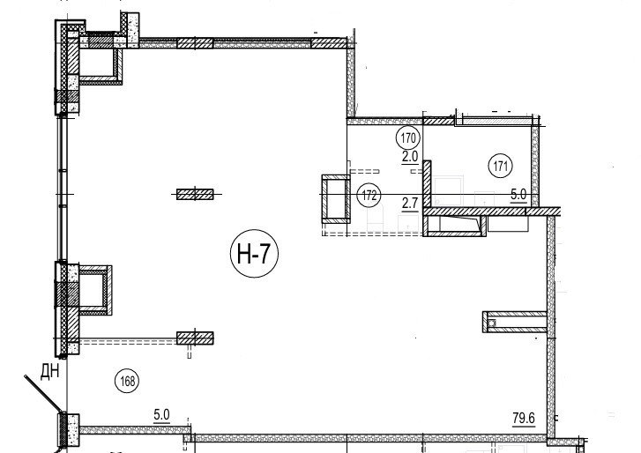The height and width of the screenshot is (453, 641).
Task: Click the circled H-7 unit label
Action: coord(254,253)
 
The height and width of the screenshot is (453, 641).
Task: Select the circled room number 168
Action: coord(127,381)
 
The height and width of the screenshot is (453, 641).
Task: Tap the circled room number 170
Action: coord(408,138)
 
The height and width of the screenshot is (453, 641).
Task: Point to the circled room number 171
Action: coord(501,167)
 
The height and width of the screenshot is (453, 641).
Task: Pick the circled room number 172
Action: coord(369,196)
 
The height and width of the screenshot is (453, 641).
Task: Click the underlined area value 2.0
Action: coord(410,158)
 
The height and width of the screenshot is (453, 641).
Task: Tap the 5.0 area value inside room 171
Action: coord(518,196)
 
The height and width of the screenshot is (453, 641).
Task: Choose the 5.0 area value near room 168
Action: coord(161,416)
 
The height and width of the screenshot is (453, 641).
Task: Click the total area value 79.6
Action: coord(524,419)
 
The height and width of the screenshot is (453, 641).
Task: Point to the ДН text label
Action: coord(50,372)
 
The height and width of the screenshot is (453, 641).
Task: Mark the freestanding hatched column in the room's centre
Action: coord(195,194)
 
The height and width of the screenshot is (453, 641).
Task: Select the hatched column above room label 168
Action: coord(195,338)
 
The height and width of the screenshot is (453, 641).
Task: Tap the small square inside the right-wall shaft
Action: coord(491,323)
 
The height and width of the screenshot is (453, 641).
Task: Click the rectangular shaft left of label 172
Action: coord(336,198)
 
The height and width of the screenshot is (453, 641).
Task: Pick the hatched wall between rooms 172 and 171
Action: coord(427,184)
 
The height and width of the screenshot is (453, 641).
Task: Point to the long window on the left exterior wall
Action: coord(62,188)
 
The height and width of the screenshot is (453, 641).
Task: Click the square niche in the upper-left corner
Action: coord(101,63)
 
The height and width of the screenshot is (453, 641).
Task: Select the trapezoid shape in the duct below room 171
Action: coord(458,224)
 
